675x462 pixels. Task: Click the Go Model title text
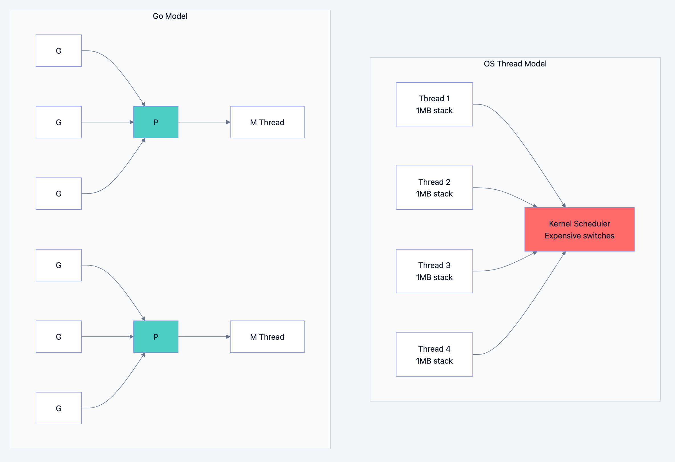170,16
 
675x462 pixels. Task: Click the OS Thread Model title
515,64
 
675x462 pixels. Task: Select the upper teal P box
156,122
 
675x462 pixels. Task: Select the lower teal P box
156,337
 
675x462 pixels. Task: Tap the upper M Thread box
267,122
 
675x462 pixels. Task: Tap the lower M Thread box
267,337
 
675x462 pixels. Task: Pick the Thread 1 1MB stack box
434,104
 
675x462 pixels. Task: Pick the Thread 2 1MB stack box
434,188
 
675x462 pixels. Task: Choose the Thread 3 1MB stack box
434,271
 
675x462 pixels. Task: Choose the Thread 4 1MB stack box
434,354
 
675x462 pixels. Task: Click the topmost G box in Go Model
59,51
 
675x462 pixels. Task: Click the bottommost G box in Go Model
59,408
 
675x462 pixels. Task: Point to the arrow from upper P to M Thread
203,122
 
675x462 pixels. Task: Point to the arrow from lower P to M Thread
203,337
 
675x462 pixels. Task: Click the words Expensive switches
579,236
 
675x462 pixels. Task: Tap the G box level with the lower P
59,337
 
